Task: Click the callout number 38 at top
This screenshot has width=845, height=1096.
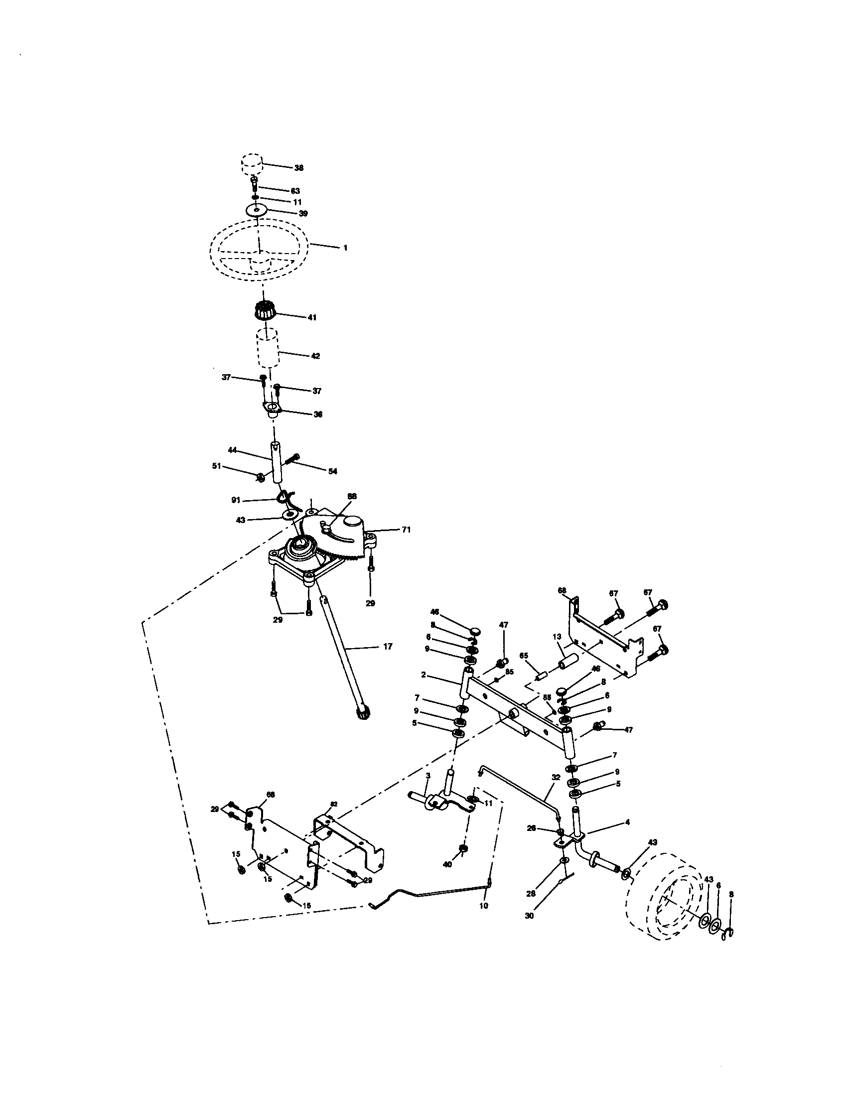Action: [298, 168]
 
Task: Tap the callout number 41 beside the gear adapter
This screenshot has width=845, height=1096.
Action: [311, 317]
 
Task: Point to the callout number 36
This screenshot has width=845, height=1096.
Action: [318, 414]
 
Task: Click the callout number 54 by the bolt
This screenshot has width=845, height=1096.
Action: [333, 471]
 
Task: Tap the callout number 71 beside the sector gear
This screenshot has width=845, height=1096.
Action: [406, 529]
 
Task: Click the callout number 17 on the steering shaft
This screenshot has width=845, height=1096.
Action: [388, 647]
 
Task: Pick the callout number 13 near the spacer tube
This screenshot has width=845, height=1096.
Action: [557, 636]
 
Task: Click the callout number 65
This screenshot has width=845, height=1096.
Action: [523, 656]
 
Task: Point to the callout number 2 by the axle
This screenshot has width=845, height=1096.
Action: [423, 675]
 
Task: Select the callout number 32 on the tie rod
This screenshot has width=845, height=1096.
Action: [556, 777]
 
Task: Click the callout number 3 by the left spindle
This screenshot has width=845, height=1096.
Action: [427, 775]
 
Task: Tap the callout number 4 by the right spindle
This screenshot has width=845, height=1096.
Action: [627, 822]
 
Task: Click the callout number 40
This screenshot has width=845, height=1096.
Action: [447, 864]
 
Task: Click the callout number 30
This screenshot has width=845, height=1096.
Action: [529, 915]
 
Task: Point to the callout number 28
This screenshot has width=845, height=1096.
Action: [531, 893]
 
